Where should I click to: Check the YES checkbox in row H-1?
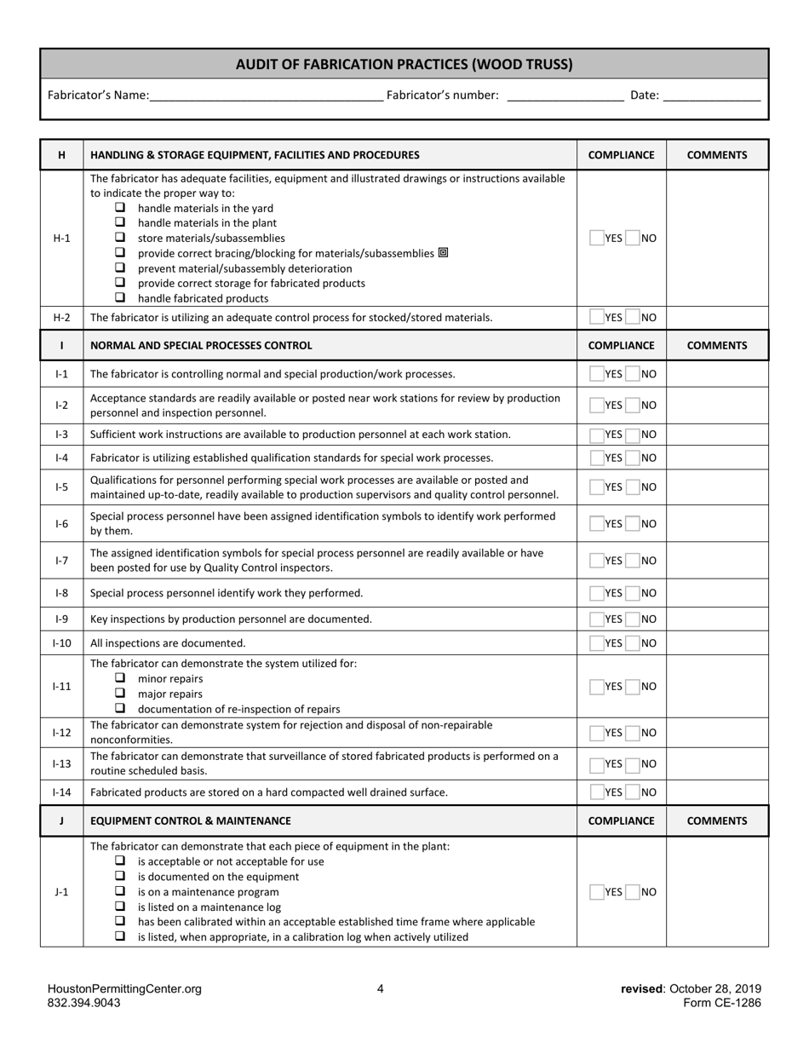(596, 239)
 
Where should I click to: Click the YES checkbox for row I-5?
(596, 487)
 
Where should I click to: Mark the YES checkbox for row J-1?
(596, 892)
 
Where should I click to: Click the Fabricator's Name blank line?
(266, 96)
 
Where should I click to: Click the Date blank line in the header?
(711, 96)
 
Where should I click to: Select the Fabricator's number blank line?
(565, 96)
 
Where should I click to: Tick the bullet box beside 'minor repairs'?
(120, 678)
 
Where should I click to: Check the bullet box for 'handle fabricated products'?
(120, 298)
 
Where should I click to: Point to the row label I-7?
(61, 561)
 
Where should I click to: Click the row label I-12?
(61, 733)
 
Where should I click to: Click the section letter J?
(61, 821)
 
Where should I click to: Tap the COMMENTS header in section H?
(717, 155)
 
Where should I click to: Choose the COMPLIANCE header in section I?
(622, 346)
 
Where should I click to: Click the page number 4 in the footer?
(381, 989)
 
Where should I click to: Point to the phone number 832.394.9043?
(83, 1003)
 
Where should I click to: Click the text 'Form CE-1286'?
(722, 1003)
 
